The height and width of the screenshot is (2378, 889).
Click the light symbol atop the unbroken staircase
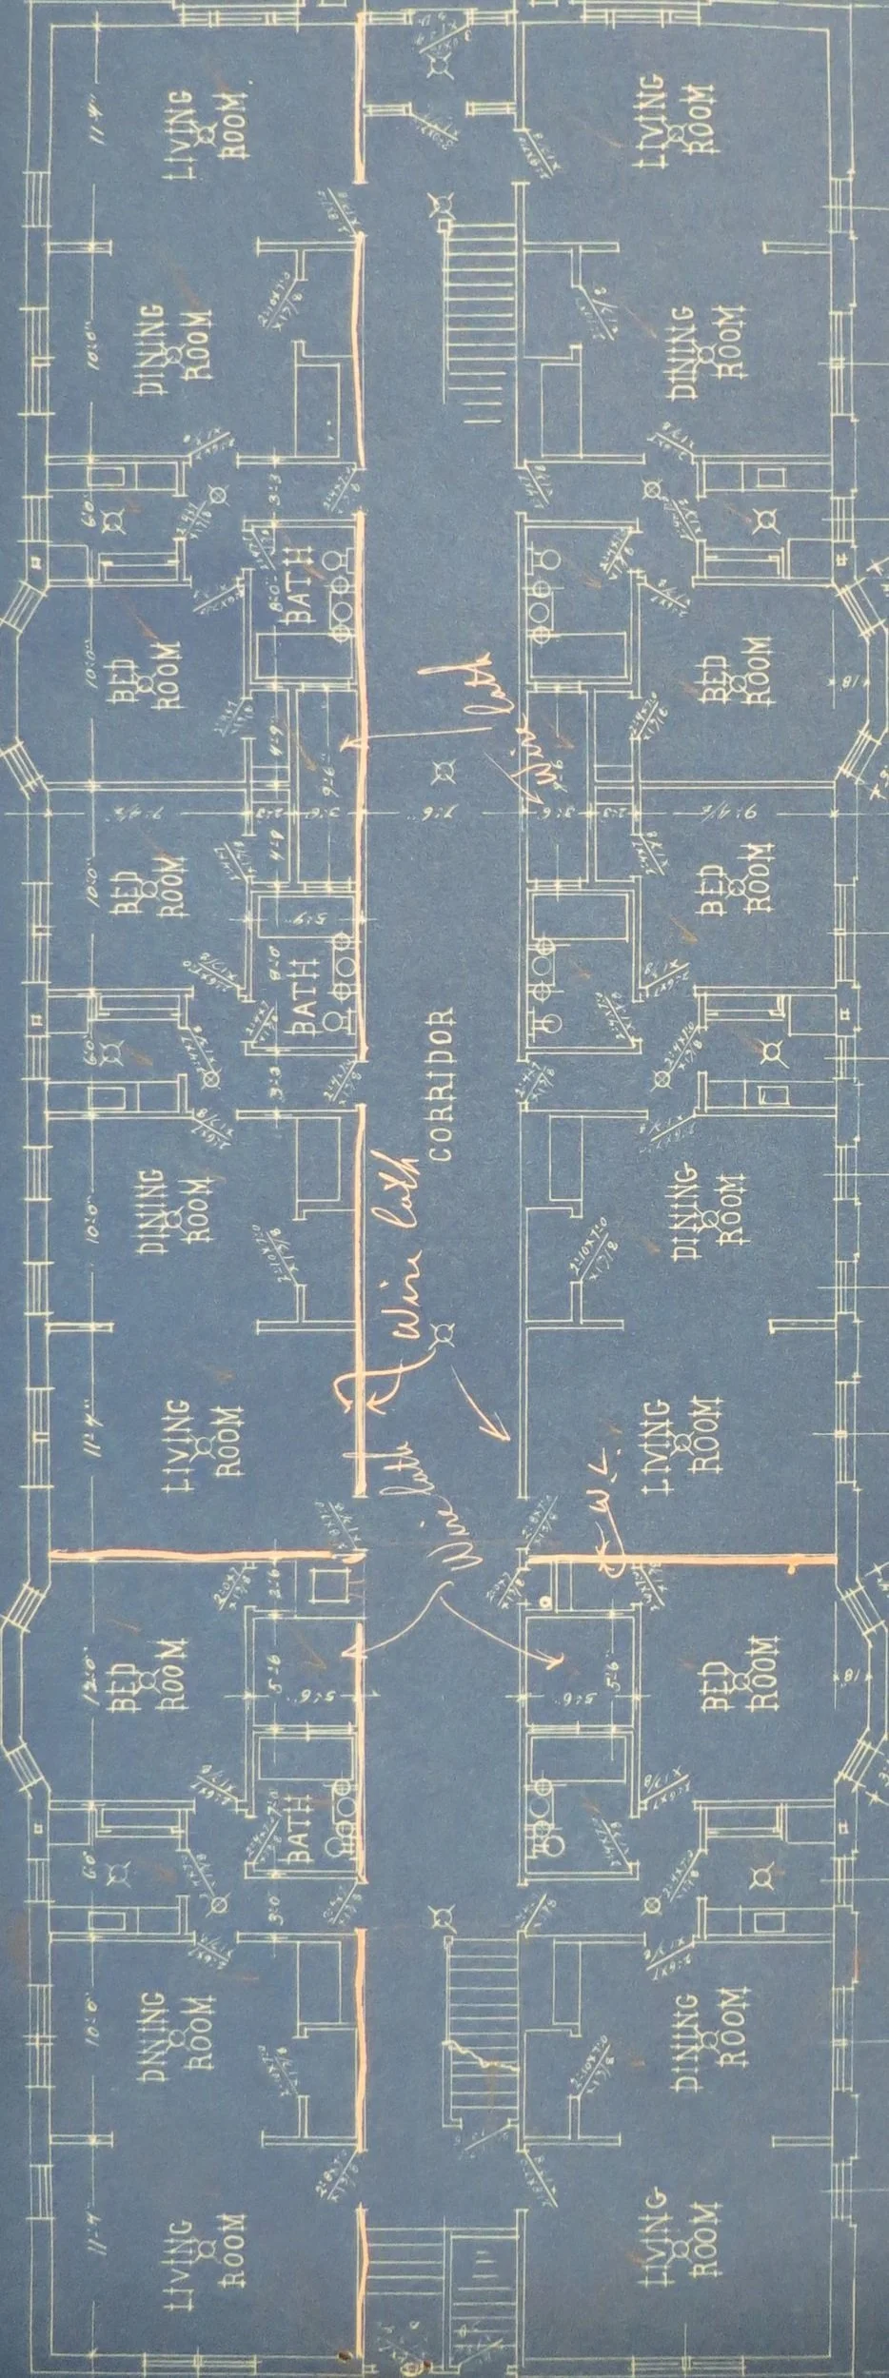coord(440,204)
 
